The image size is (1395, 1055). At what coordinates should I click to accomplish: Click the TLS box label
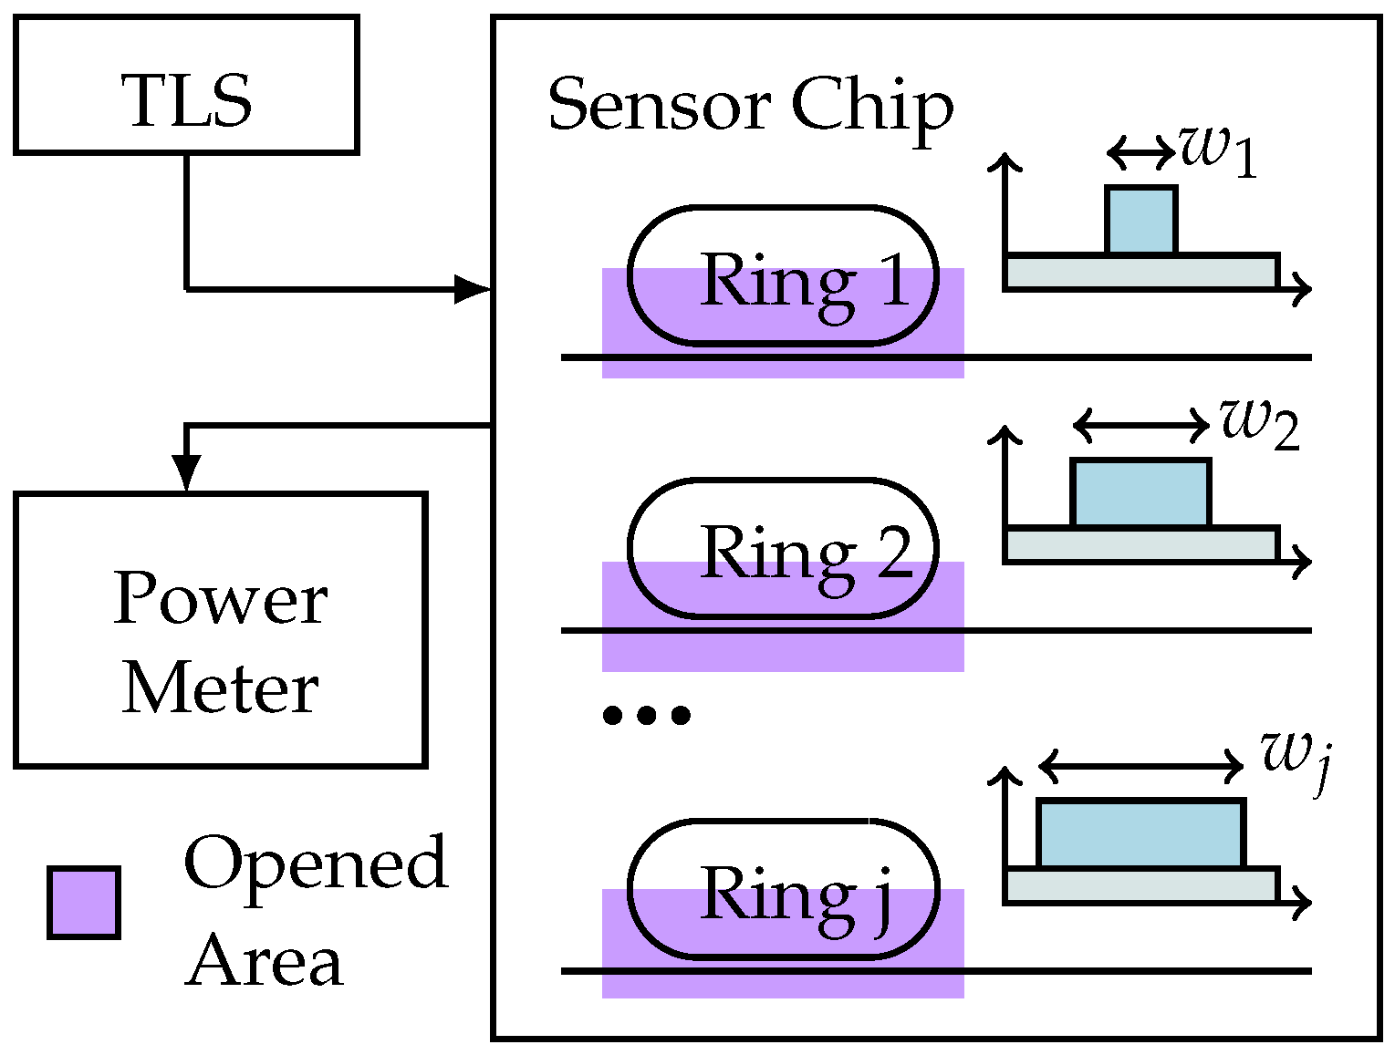187,99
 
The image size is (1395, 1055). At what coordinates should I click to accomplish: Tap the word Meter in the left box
220,688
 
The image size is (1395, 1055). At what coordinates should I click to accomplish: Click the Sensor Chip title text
750,106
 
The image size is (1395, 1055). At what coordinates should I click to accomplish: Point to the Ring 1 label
805,279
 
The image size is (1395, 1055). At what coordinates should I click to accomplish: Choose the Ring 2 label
807,552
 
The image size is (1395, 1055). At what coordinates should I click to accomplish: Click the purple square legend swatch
84,903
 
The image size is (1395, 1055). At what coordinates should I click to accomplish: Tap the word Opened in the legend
316,862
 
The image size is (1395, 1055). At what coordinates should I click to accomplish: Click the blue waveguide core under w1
1140,220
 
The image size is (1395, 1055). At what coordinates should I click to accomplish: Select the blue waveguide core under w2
1141,493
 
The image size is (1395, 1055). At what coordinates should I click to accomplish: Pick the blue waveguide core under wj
1141,833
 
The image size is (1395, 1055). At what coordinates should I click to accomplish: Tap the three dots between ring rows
647,715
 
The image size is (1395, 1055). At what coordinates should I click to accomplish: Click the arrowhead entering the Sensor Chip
474,290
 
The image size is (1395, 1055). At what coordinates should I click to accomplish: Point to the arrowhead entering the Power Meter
187,472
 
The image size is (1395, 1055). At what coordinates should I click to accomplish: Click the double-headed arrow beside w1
1140,151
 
